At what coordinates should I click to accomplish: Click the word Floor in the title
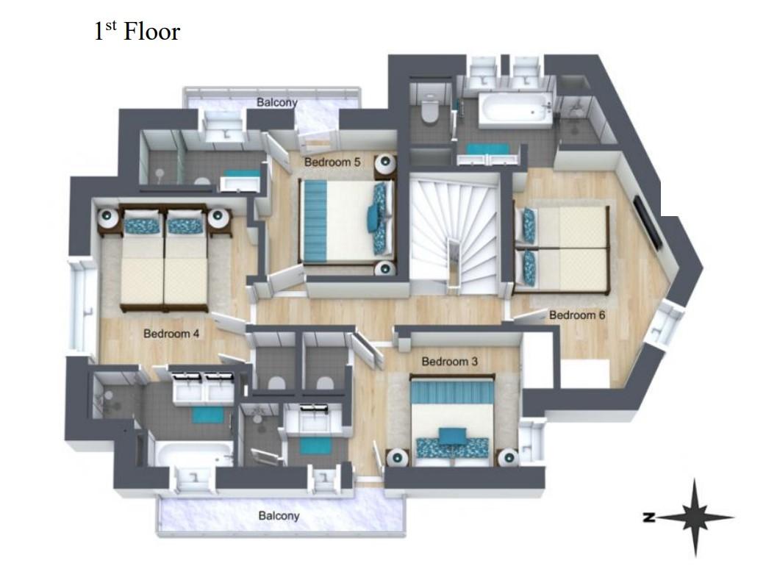pos(152,32)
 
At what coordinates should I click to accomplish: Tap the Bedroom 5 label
pos(332,162)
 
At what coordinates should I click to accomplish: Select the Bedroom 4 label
pos(171,334)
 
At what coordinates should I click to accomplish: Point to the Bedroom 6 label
pos(577,315)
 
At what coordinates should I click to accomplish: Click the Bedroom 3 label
pos(449,362)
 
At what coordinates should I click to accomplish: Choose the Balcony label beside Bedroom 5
pos(277,103)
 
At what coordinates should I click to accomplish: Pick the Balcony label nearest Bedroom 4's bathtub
pos(279,516)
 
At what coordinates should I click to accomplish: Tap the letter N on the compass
pos(649,517)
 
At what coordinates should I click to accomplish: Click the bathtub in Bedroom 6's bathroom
pos(515,111)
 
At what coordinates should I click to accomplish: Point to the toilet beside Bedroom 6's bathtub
pos(430,110)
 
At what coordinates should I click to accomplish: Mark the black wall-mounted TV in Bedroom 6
pos(648,221)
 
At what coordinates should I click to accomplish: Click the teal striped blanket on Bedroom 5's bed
pos(315,221)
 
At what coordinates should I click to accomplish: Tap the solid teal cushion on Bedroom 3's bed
pos(452,436)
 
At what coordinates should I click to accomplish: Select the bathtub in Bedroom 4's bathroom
pos(194,454)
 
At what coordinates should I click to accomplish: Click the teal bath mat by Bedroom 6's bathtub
pos(487,149)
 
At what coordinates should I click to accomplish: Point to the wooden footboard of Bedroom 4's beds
pos(164,308)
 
